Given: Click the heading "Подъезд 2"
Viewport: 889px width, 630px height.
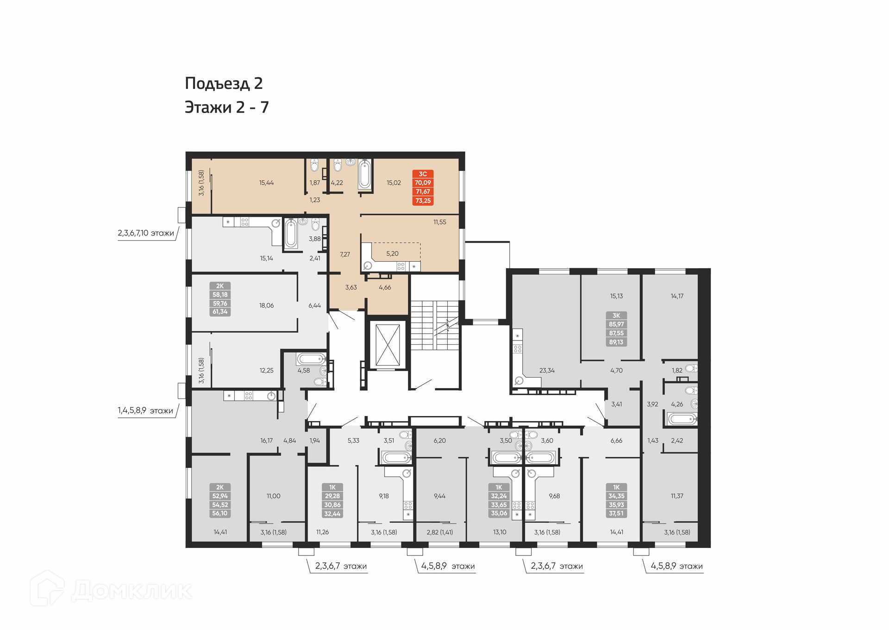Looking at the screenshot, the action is (x=224, y=84).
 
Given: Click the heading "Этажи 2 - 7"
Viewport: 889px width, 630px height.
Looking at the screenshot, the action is (x=226, y=107).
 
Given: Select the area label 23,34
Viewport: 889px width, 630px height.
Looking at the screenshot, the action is (x=547, y=371).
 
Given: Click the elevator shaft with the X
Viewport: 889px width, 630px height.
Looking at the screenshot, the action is (x=388, y=345).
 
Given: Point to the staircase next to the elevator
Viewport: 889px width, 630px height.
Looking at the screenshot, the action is (x=435, y=325).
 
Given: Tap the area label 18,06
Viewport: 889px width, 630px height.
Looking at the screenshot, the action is (x=266, y=306).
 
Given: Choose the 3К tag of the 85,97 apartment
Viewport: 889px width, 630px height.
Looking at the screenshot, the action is (x=616, y=315).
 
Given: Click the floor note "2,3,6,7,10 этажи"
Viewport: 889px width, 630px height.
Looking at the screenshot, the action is (x=146, y=233).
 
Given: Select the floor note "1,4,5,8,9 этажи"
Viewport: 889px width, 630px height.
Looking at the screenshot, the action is (x=145, y=410).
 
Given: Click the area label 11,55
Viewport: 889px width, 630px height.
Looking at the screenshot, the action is (x=439, y=222).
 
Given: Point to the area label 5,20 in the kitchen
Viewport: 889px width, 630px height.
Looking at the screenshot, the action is (x=392, y=254).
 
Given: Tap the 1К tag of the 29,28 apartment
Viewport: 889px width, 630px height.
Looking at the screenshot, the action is (x=332, y=487).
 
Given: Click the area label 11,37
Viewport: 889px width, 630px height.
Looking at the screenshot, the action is (x=677, y=496).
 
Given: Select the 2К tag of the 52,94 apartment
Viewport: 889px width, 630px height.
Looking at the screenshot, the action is (x=220, y=487).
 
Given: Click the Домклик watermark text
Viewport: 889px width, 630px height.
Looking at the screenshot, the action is (x=131, y=591).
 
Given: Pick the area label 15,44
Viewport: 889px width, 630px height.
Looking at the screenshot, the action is (x=266, y=183).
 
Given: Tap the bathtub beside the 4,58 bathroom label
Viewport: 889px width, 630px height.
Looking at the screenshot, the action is (x=311, y=359).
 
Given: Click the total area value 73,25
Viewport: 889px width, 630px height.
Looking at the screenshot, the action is (x=423, y=201).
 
